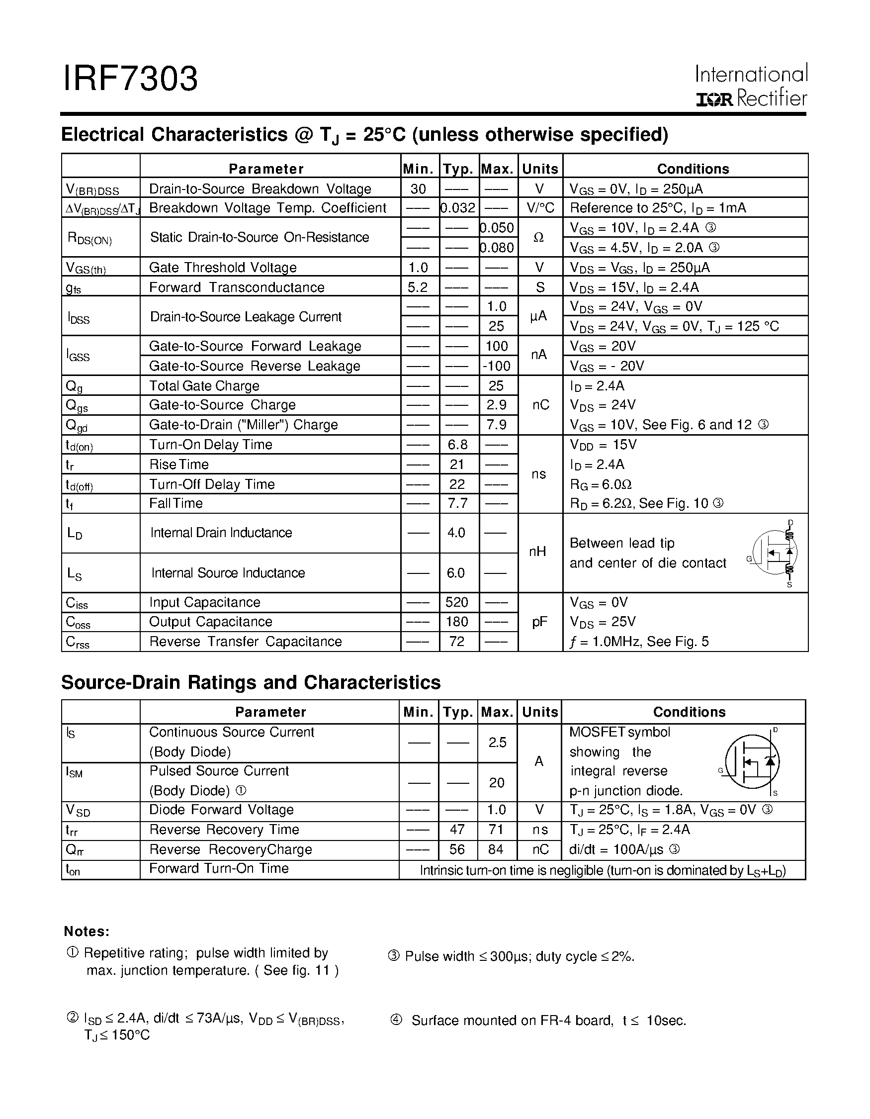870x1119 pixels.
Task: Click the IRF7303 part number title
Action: tap(130, 80)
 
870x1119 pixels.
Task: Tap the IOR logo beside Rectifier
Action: tap(714, 99)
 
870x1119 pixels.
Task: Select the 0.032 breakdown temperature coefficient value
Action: tap(459, 208)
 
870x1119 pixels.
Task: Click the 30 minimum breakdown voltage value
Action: tap(419, 189)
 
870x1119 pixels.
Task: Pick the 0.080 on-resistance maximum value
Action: tap(498, 248)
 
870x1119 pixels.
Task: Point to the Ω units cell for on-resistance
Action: tap(539, 238)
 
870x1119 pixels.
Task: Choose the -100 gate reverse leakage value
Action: tap(497, 367)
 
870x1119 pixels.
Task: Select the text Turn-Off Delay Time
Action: tap(212, 484)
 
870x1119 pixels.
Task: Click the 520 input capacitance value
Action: tap(457, 602)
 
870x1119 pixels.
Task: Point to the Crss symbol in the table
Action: tap(78, 643)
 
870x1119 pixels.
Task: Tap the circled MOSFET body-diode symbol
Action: tap(752, 762)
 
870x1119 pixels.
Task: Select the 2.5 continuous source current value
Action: tap(497, 743)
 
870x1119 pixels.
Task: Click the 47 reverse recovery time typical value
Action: tap(457, 830)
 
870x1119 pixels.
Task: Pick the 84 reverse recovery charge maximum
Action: tap(496, 849)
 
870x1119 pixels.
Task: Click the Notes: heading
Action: tap(87, 932)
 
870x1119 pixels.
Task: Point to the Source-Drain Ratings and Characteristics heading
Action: tap(251, 682)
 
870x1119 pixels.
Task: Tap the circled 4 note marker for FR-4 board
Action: tap(396, 1020)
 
